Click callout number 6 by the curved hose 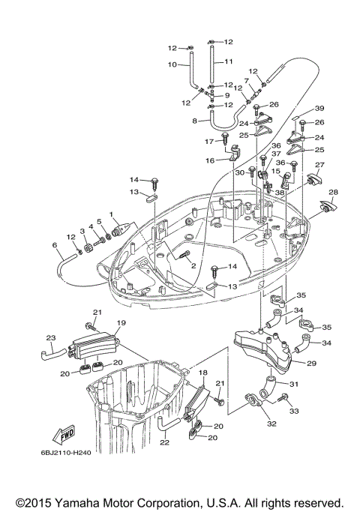(55, 245)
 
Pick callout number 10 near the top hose (171, 64)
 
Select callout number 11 (229, 61)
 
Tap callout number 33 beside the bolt (293, 411)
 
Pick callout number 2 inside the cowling (193, 265)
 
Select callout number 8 (195, 120)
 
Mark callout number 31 (294, 385)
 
